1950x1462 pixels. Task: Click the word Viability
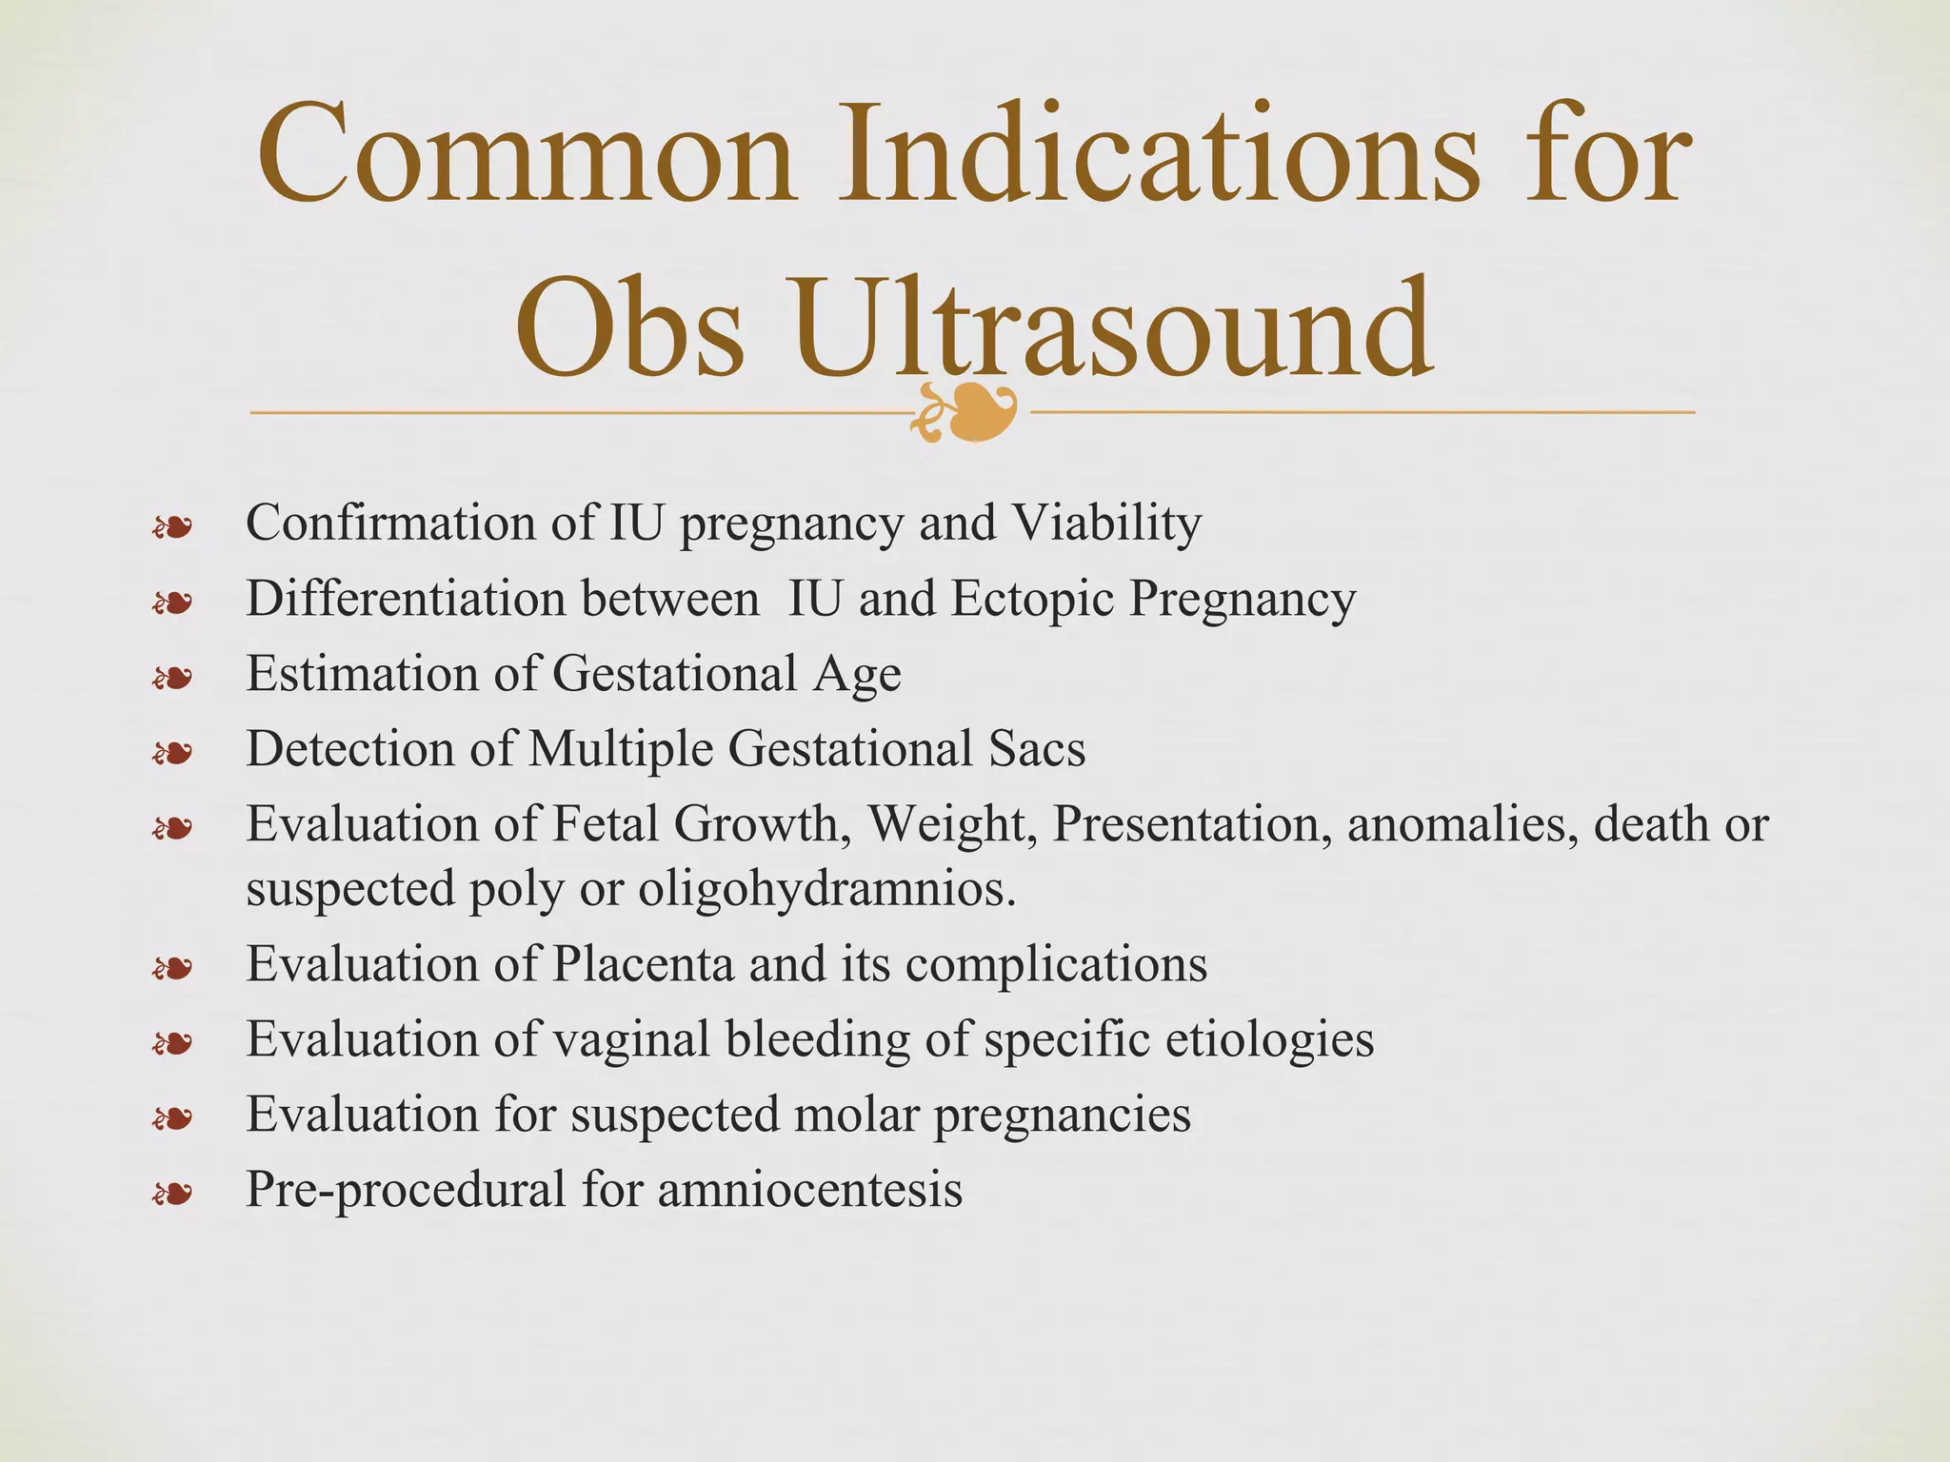(1106, 523)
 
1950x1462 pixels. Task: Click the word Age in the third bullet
(857, 674)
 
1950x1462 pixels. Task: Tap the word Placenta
(643, 964)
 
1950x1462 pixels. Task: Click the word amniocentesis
(809, 1189)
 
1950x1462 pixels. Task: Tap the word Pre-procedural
(406, 1189)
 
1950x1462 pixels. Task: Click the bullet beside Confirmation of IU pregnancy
(172, 526)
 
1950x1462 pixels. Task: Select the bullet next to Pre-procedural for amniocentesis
(172, 1193)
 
